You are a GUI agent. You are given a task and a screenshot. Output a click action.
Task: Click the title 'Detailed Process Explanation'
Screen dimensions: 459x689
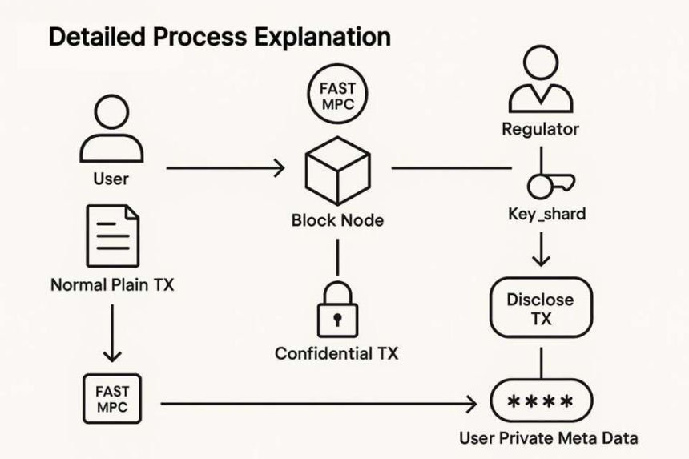220,37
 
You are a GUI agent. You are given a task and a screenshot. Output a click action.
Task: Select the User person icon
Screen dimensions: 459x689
111,130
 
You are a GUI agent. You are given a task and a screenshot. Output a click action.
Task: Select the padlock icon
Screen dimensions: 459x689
336,310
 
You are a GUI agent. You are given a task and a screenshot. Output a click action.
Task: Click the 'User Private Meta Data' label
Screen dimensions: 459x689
548,438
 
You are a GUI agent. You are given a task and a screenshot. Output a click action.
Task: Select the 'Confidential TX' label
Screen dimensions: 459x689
336,353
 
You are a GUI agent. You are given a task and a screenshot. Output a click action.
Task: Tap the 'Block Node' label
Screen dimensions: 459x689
336,220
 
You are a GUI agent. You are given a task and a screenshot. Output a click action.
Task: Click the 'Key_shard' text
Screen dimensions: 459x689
546,214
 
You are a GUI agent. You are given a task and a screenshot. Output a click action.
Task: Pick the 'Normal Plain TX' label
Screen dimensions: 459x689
111,284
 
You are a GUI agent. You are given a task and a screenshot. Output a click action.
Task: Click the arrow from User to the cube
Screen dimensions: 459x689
224,168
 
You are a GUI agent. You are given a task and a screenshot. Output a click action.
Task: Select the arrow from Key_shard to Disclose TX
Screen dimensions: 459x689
542,251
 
